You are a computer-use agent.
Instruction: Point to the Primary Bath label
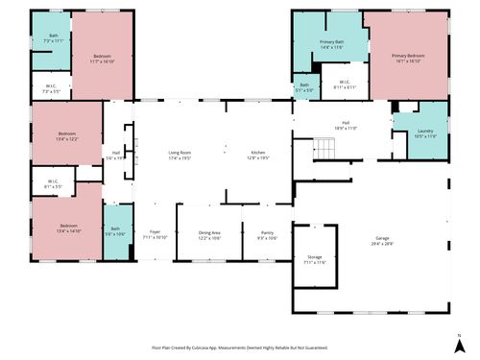[x=332, y=44]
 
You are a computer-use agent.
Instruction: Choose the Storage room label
[x=315, y=258]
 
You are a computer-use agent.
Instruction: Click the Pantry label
[x=267, y=234]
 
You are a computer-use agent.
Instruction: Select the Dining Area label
[x=209, y=234]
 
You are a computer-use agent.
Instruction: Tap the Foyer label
[x=156, y=234]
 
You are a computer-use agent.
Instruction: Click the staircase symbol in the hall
[x=325, y=149]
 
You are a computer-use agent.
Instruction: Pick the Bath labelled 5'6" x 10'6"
[x=116, y=231]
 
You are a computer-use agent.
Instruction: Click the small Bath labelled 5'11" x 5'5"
[x=304, y=87]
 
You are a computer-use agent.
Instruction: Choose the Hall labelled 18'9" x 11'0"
[x=345, y=125]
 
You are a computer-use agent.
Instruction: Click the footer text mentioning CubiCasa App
[x=240, y=348]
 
